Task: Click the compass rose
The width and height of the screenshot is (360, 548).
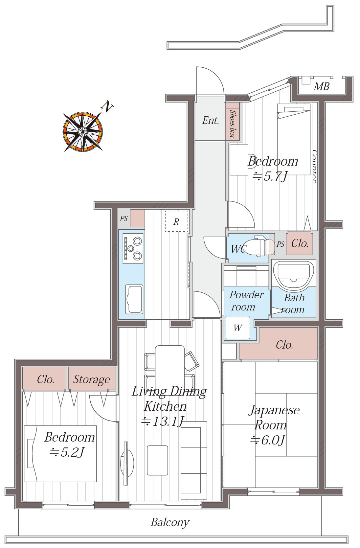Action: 83,132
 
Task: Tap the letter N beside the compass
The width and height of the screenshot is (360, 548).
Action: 107,106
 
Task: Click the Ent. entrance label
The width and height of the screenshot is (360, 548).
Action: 210,120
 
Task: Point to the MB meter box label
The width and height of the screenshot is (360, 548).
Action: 322,86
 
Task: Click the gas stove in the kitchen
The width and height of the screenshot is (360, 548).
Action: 133,248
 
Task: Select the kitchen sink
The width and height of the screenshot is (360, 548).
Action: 134,299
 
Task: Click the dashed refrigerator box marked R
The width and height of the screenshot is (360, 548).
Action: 177,221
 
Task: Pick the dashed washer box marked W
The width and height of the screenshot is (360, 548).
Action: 238,328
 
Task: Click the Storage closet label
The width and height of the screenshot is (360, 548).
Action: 91,379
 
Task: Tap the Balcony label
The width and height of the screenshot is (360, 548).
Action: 170,522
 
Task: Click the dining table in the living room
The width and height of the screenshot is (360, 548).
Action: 170,367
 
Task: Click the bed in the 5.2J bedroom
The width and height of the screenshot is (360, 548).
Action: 60,454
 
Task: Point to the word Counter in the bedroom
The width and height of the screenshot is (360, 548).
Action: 315,166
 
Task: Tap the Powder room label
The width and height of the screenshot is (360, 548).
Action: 247,301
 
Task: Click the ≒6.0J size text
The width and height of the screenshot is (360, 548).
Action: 267,440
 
